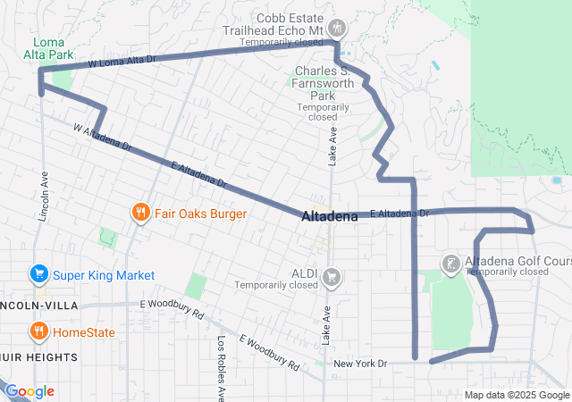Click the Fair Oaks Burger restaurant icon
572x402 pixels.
tap(140, 213)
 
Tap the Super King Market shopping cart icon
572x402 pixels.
tap(38, 274)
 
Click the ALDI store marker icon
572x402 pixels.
tap(332, 275)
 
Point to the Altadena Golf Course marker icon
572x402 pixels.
tap(452, 263)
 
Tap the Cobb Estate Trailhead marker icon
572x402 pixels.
tap(337, 29)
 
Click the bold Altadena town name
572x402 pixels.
tap(330, 216)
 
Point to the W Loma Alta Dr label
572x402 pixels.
tap(122, 63)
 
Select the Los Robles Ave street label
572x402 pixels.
tap(222, 366)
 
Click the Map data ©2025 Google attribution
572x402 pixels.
tap(517, 395)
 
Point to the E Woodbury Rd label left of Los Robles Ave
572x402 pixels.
tap(172, 309)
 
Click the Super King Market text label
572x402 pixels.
tap(104, 275)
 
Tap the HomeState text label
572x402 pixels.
tap(86, 332)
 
